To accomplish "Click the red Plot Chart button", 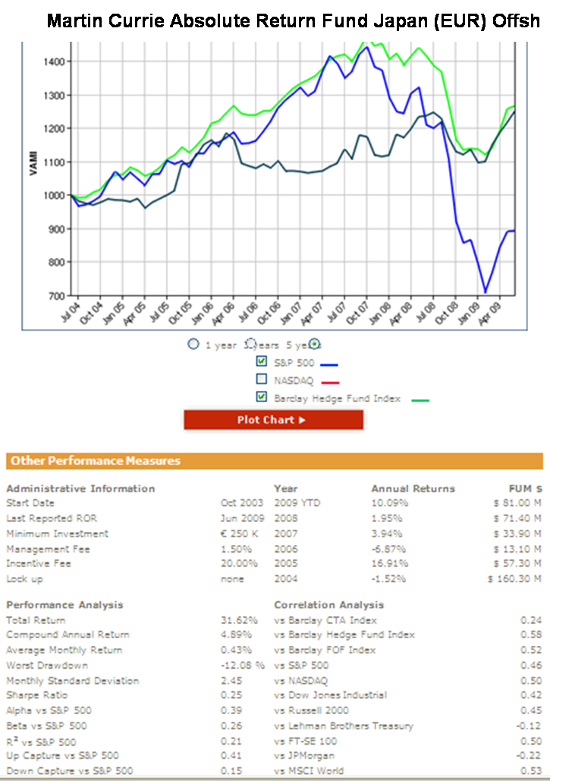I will tap(273, 420).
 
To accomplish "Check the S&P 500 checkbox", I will tap(262, 361).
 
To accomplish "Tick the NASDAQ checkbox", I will tap(262, 379).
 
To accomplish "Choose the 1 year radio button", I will tap(193, 345).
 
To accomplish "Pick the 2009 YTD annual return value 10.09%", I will tap(389, 503).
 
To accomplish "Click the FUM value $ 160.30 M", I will tap(516, 579).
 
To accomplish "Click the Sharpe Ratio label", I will tap(36, 695).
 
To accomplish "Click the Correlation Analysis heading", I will tap(328, 605).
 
